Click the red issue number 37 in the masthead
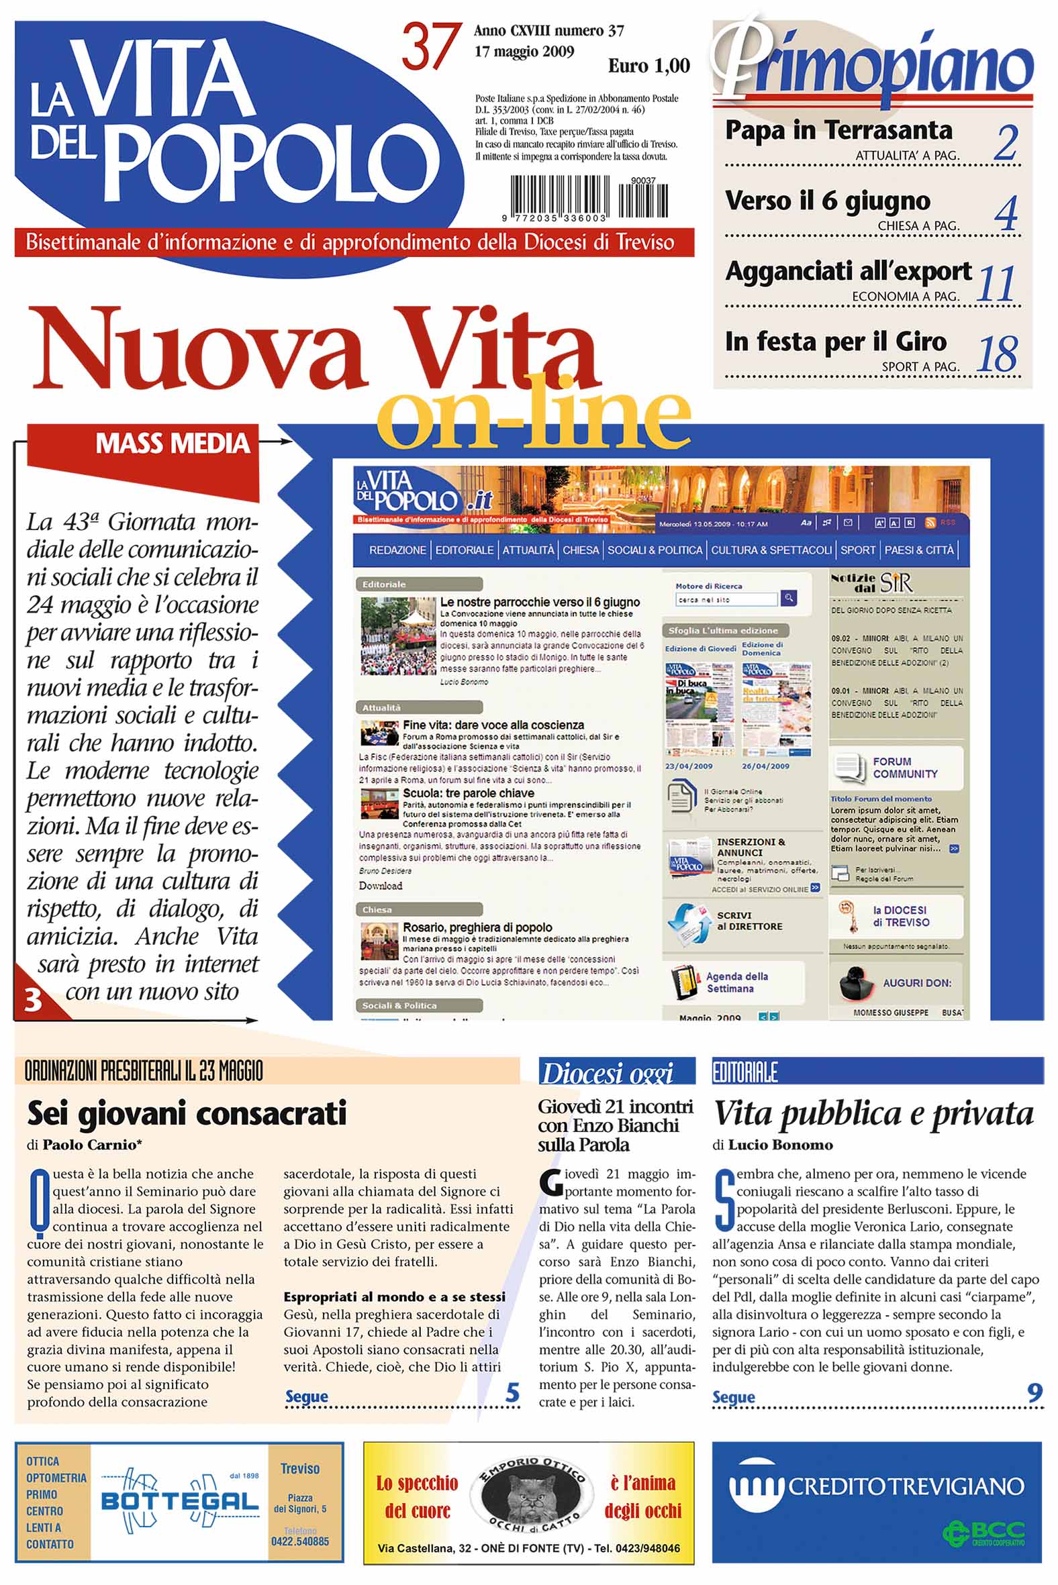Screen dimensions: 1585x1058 pos(431,47)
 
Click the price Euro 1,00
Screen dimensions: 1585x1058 pos(648,66)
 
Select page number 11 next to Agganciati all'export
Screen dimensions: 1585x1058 pos(996,283)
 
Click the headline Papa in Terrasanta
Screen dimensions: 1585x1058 pos(838,130)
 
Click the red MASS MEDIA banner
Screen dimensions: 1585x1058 pos(172,444)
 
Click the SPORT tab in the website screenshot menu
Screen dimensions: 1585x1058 pos(857,550)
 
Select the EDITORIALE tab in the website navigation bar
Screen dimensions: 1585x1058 pos(465,550)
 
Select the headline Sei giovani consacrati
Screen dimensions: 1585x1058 pos(186,1113)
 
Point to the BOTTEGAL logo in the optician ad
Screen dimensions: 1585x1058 pos(179,1500)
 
